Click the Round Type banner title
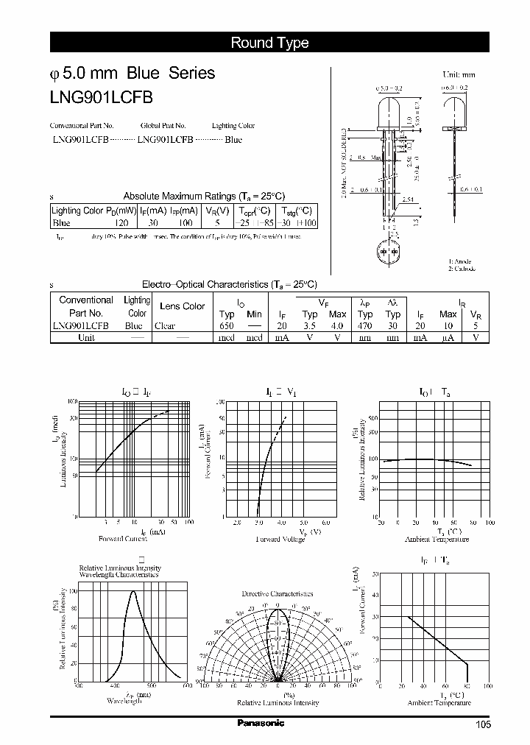coord(269,43)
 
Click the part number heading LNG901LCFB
coord(102,96)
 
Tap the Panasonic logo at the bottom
coord(261,723)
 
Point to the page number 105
coord(483,724)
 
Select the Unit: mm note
coord(458,74)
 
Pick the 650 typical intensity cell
coord(227,325)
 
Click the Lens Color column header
coord(182,306)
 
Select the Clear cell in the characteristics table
coord(166,325)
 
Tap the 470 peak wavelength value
coord(364,325)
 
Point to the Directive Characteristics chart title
coord(278,593)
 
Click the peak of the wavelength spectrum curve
coord(133,591)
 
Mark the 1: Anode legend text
coord(460,261)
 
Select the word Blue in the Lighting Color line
coord(233,138)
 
